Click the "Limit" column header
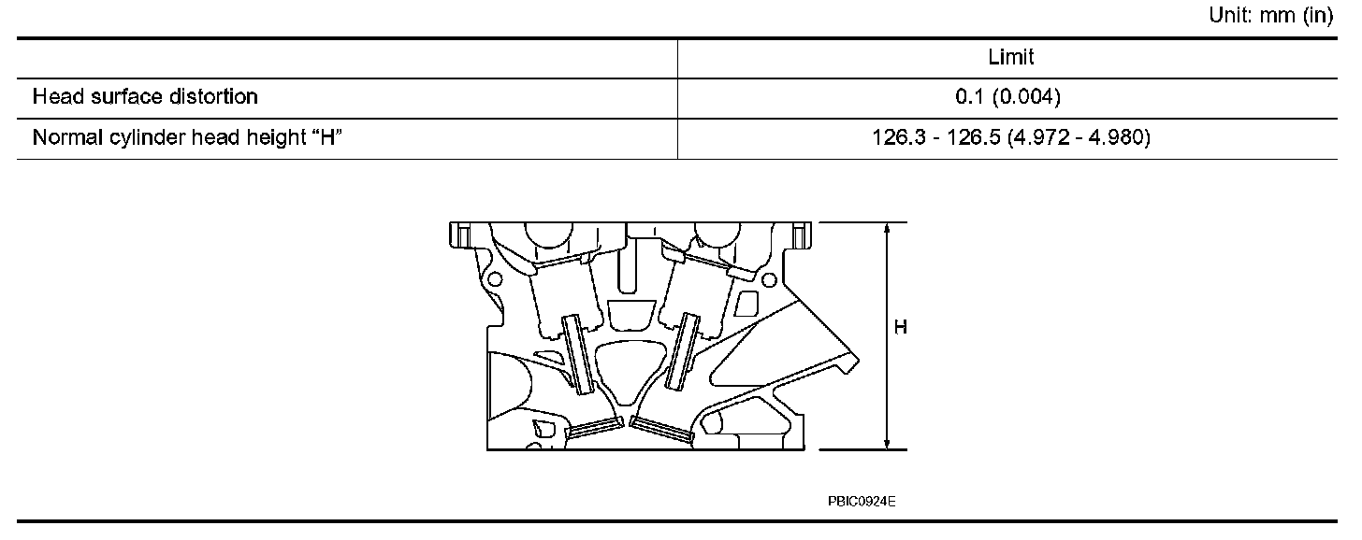coord(1011,58)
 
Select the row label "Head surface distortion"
coord(145,97)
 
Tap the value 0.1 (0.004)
coord(1011,97)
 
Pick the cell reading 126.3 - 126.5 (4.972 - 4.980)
coord(1011,138)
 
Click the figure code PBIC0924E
coord(862,502)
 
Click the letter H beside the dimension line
coord(900,328)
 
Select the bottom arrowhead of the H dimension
coord(885,442)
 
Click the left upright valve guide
coord(576,354)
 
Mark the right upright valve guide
coord(683,350)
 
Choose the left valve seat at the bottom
coord(595,428)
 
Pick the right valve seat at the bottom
coord(660,429)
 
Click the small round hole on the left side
coord(494,278)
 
